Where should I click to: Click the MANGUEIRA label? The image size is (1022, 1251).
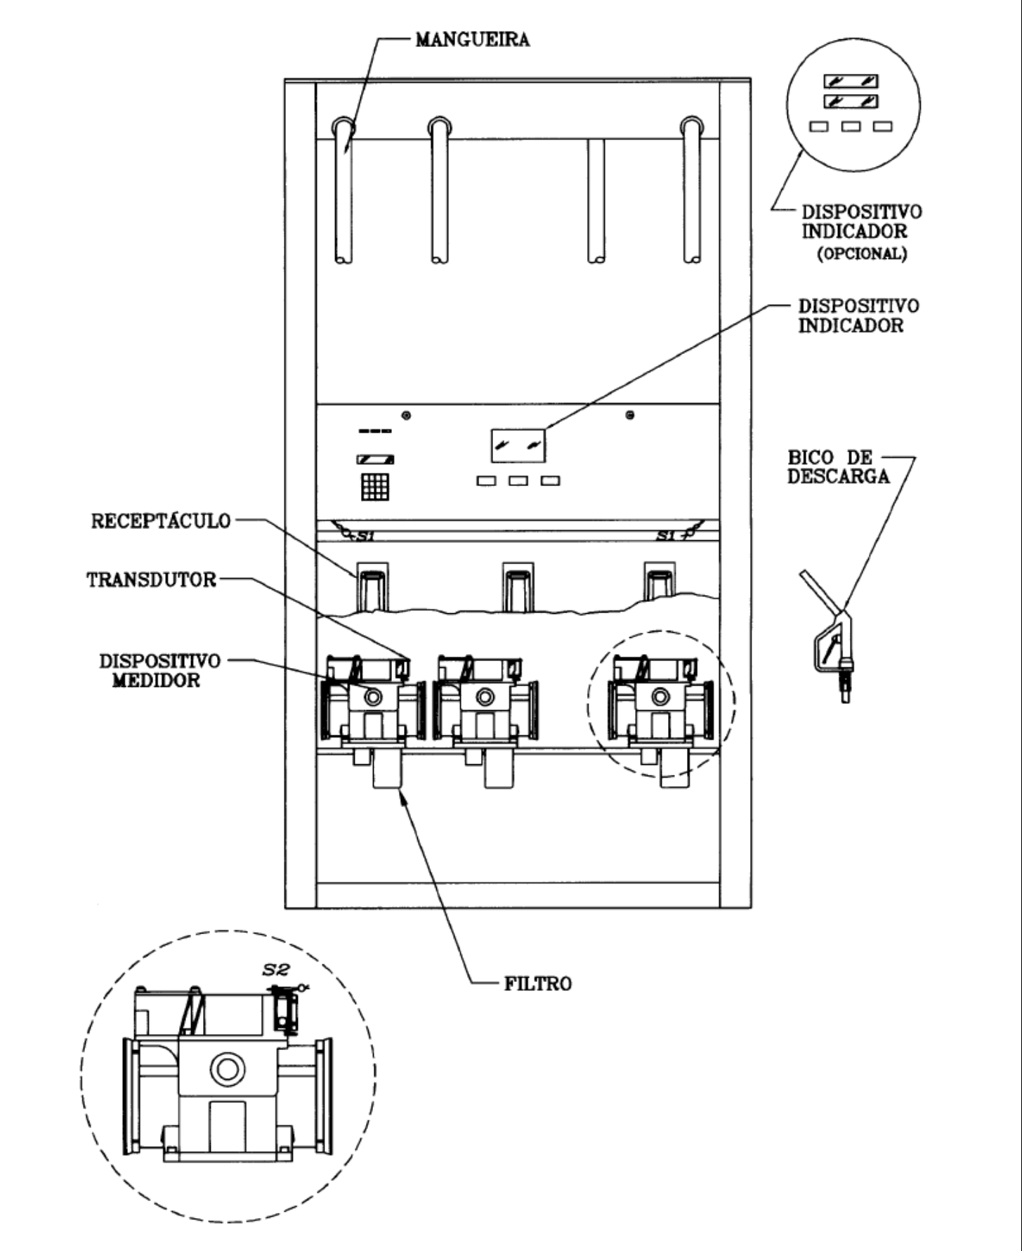(472, 39)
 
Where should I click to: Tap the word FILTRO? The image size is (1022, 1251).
(538, 983)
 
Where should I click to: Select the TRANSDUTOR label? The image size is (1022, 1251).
(152, 580)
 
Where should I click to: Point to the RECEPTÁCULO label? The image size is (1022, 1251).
(161, 521)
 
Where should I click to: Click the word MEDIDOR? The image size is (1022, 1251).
(156, 681)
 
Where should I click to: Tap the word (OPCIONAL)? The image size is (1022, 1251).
(862, 254)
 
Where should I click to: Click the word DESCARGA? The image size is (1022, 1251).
(838, 476)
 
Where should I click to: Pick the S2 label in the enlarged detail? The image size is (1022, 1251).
(273, 970)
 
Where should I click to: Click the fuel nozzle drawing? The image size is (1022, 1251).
(829, 636)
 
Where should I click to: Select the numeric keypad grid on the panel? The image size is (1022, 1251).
(375, 486)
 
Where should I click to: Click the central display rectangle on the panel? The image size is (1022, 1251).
(518, 445)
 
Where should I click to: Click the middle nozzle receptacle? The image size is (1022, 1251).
(517, 585)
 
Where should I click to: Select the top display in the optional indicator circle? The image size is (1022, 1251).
(851, 81)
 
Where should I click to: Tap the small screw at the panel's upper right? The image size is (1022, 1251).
(630, 415)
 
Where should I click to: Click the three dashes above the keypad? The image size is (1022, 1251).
(375, 431)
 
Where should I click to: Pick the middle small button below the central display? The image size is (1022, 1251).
(518, 481)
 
